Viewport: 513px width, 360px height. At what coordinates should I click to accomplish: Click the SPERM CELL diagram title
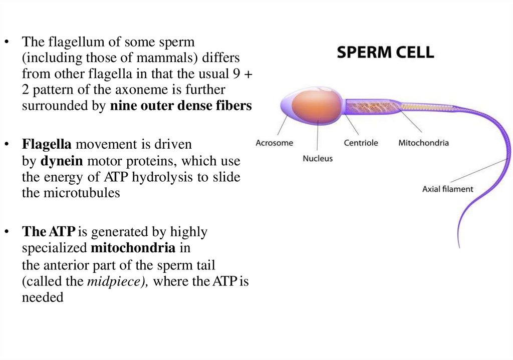385,52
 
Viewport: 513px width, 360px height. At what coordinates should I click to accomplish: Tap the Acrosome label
274,143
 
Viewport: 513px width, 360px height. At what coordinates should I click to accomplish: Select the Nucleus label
318,158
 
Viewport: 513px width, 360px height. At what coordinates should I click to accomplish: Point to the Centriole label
361,143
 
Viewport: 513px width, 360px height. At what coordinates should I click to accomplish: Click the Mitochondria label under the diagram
423,143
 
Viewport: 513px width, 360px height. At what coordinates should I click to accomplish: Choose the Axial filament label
447,189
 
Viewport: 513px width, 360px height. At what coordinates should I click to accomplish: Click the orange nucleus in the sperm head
315,106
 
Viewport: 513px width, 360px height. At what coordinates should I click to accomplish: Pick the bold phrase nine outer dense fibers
181,106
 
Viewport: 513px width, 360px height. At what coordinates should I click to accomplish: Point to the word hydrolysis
164,177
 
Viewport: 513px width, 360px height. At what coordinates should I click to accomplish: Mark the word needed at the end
43,297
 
